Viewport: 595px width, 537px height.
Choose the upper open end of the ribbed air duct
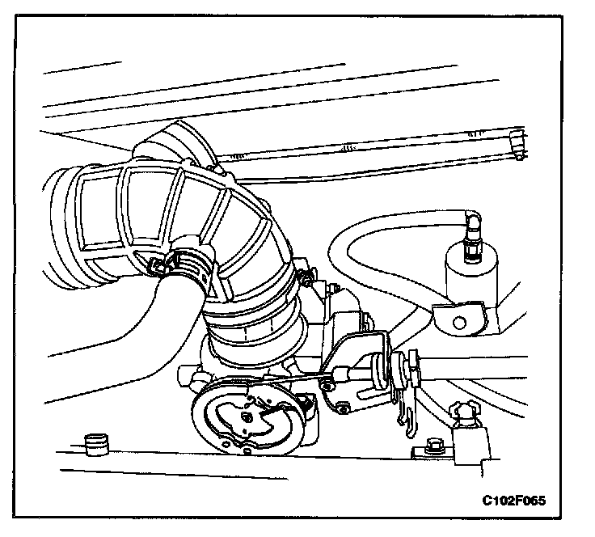[174, 142]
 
